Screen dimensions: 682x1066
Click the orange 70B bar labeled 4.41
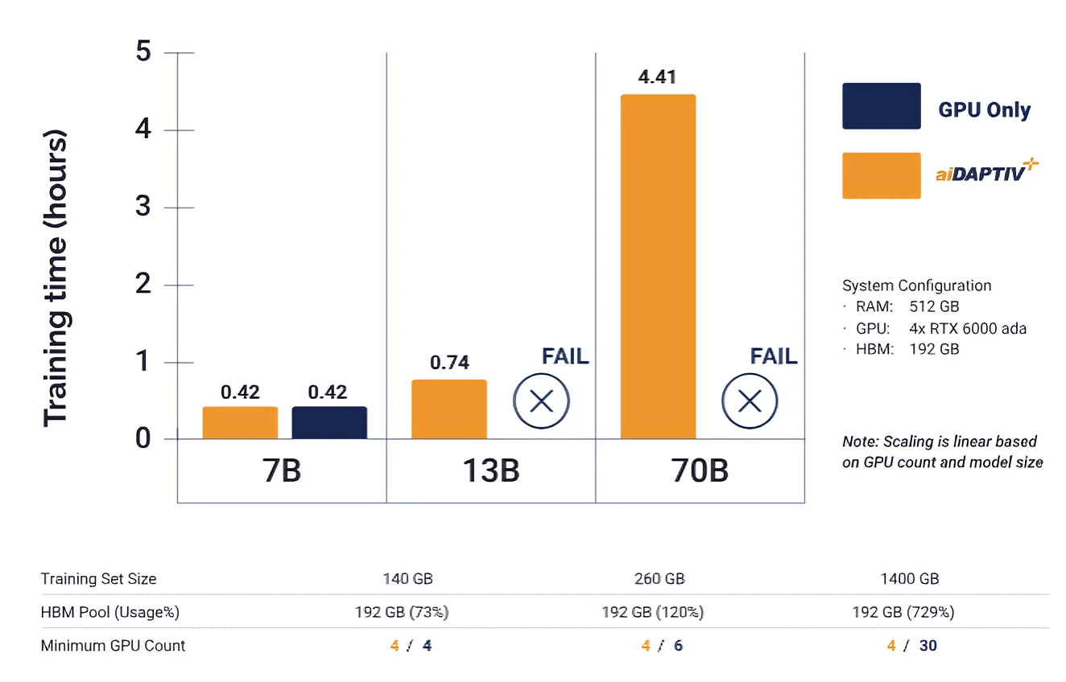[658, 266]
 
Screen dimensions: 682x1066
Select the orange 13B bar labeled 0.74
[448, 409]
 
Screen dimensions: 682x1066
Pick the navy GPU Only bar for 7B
[329, 423]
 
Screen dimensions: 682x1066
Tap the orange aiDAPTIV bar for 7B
[240, 423]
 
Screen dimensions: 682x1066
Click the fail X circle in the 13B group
[542, 401]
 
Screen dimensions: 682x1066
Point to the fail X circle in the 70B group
[750, 401]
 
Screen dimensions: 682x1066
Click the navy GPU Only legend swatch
[881, 106]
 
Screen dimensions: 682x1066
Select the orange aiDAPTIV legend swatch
[881, 175]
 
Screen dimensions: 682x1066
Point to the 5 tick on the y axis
[143, 52]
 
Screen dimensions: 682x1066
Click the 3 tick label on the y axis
[143, 207]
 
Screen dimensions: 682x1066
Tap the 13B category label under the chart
[490, 470]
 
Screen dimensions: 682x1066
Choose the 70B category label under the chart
[699, 470]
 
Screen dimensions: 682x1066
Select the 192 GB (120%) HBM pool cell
[653, 612]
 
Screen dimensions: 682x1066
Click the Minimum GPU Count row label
[113, 645]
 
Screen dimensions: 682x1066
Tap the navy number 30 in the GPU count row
[928, 645]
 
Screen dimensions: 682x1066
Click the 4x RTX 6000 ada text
[968, 328]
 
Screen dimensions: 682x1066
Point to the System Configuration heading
[916, 286]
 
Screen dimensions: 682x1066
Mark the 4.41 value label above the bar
[657, 77]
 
